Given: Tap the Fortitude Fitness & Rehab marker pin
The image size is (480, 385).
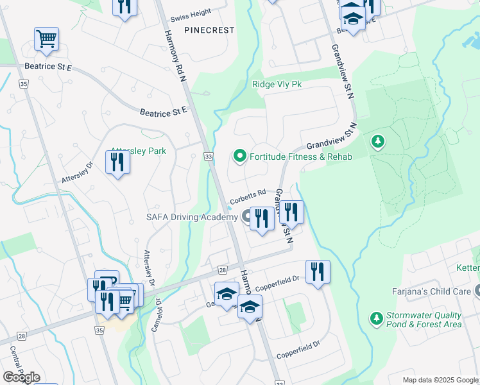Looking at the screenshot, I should point(239,156).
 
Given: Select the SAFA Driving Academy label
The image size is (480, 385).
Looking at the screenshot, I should point(191,218).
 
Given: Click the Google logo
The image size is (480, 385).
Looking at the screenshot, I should point(21,377).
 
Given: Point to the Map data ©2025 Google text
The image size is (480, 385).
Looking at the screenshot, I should point(440,380).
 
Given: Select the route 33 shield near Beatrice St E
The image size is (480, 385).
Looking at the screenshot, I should point(209,156).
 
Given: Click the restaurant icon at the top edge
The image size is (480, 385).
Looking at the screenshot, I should point(124,6).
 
